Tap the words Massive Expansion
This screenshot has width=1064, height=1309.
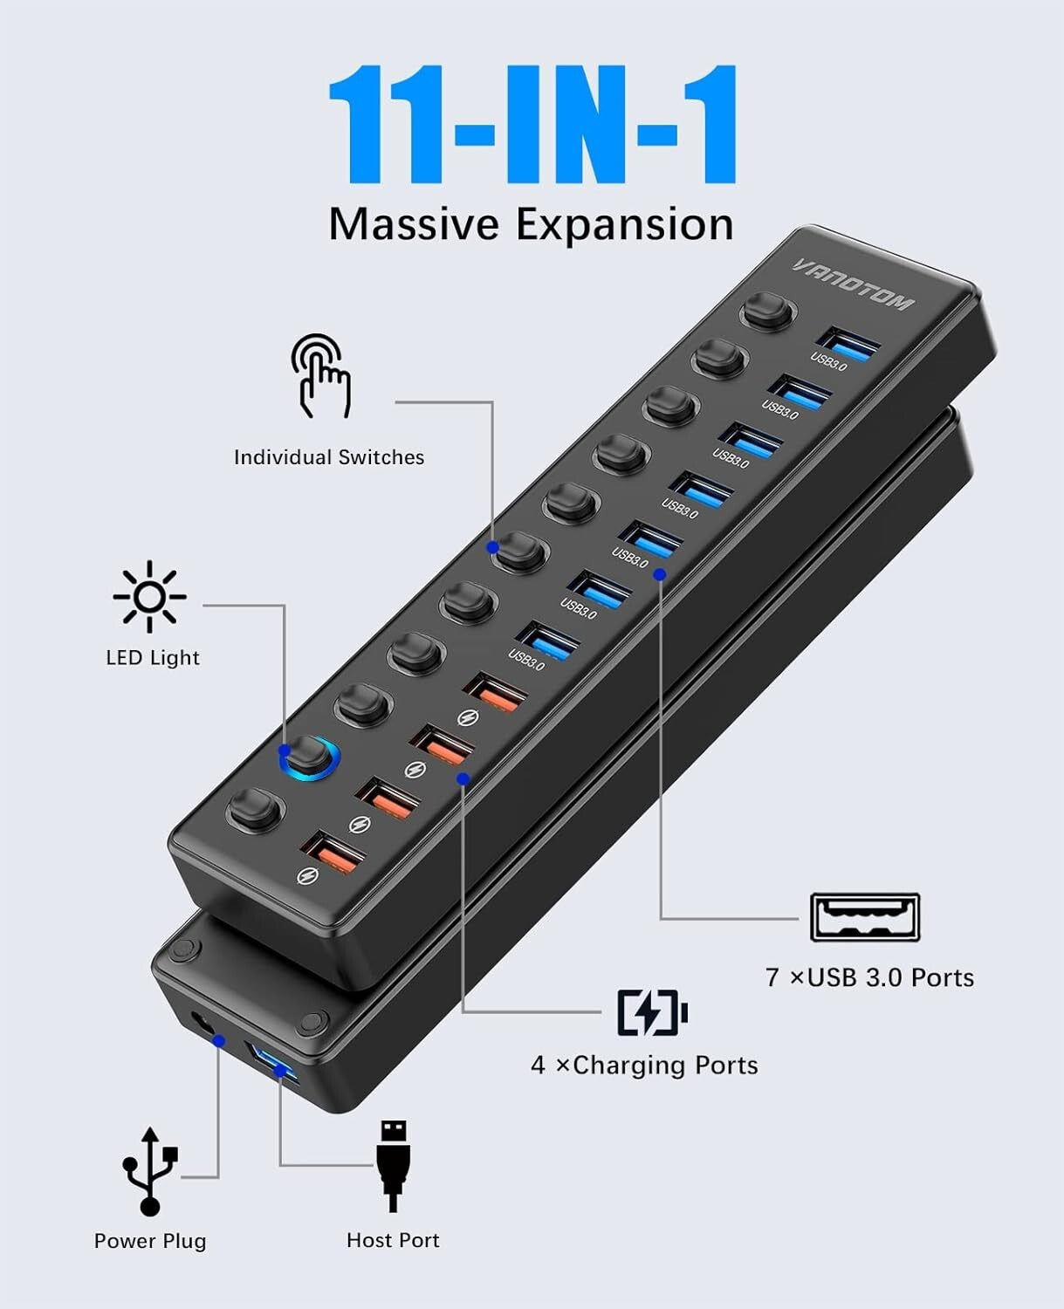[x=531, y=224]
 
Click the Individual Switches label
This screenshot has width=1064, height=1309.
[x=329, y=457]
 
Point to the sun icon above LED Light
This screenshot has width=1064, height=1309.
[x=149, y=597]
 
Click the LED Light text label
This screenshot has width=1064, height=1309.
[x=153, y=658]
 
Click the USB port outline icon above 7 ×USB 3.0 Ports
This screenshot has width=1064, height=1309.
[x=864, y=917]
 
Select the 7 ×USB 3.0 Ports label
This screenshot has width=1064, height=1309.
[x=869, y=977]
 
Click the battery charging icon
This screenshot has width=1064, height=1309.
[x=652, y=1012]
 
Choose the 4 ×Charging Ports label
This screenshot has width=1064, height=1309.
[x=644, y=1066]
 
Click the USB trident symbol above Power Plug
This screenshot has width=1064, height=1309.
[x=150, y=1170]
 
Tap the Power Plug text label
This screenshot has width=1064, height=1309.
[x=150, y=1241]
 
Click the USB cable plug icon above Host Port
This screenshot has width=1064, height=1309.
[x=393, y=1165]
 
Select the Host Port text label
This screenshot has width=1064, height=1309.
[x=393, y=1240]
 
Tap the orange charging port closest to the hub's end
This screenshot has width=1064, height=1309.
[x=332, y=853]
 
